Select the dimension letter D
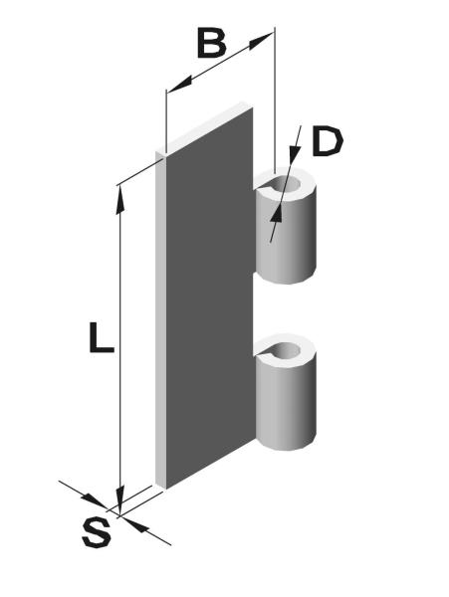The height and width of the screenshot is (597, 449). tap(328, 142)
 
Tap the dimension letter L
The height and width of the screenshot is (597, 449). tap(101, 337)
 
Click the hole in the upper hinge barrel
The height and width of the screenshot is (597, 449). tap(287, 185)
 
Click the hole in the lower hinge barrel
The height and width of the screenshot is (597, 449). tap(287, 350)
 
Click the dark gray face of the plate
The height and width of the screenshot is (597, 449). tap(209, 297)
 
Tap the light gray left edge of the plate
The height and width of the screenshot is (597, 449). tap(160, 319)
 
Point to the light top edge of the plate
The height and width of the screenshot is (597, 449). tap(204, 127)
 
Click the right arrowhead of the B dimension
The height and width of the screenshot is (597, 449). tap(261, 40)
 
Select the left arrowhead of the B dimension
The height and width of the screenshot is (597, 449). tap(179, 85)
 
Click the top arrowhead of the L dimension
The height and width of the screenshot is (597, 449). tap(120, 199)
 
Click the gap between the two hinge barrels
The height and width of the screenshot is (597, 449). tap(284, 308)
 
